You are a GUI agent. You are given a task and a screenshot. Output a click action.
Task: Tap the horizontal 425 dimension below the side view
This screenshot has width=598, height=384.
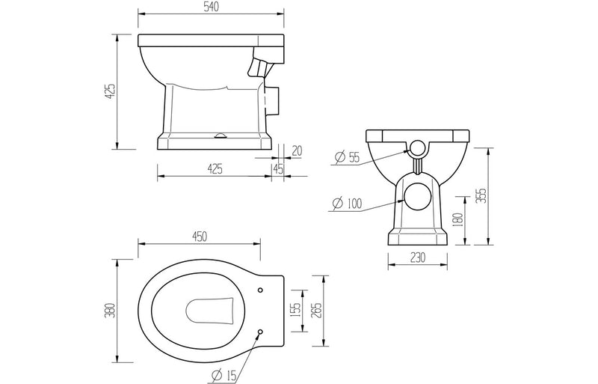tap(215, 170)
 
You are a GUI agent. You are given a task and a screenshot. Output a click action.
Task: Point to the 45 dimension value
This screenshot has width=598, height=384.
tap(278, 170)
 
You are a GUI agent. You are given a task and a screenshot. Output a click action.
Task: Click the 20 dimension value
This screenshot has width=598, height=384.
tap(298, 150)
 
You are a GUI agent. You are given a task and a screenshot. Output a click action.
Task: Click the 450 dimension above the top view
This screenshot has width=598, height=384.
tap(200, 237)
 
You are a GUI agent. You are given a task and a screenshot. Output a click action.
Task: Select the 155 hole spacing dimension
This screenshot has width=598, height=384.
tap(297, 309)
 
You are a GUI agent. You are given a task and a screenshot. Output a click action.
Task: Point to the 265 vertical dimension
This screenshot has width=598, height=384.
tap(318, 309)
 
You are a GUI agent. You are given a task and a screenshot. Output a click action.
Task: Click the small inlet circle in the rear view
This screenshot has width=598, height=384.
tap(418, 146)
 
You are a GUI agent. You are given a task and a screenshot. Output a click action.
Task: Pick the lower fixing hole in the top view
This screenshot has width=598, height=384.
tap(259, 331)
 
